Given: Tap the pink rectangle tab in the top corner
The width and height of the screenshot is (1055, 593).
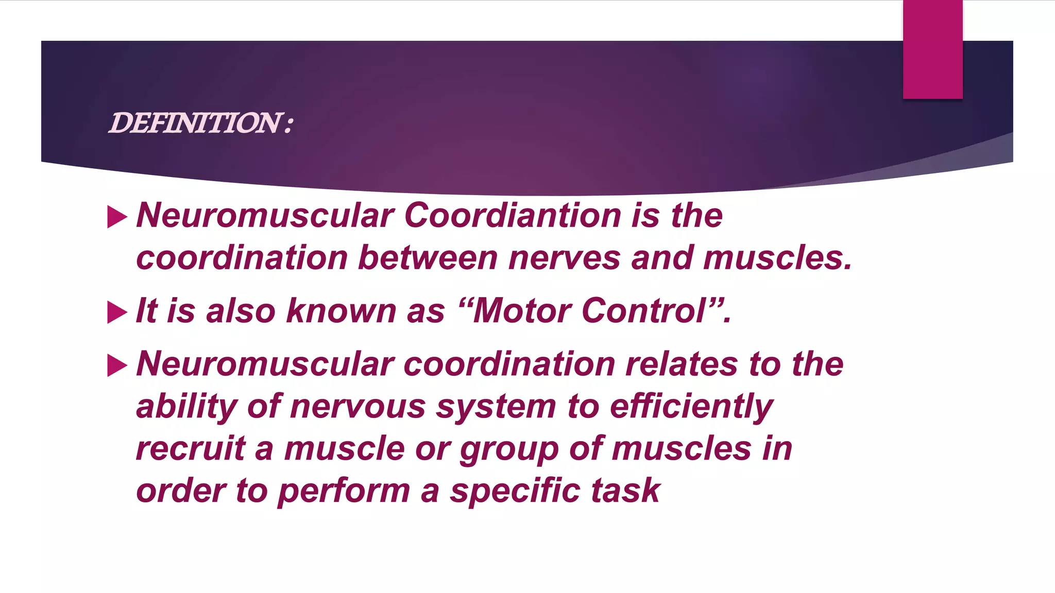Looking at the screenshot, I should pyautogui.click(x=932, y=49).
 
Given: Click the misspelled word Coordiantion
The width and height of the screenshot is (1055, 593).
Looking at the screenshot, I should pyautogui.click(x=513, y=215).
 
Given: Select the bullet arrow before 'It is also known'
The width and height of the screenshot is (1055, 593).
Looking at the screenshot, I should pyautogui.click(x=117, y=312).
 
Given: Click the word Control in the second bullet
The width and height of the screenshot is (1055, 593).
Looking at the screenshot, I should pyautogui.click(x=644, y=311).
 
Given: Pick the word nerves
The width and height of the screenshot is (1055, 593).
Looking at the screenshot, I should pyautogui.click(x=564, y=257).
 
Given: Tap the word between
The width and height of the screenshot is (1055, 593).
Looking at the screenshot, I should pyautogui.click(x=428, y=257).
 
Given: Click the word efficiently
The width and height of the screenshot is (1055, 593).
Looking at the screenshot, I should pyautogui.click(x=691, y=407).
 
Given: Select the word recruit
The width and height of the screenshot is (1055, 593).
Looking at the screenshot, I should pyautogui.click(x=191, y=448).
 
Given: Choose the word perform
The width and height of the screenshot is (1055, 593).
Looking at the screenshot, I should pyautogui.click(x=344, y=491).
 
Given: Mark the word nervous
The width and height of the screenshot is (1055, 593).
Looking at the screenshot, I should pyautogui.click(x=358, y=407).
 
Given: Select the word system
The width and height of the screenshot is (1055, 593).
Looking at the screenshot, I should pyautogui.click(x=496, y=407).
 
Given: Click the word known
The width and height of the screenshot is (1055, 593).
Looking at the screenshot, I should pyautogui.click(x=341, y=311).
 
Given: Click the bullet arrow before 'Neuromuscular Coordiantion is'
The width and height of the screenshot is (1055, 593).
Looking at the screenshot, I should pyautogui.click(x=117, y=217).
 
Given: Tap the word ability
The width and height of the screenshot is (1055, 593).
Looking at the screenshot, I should pyautogui.click(x=186, y=407).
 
